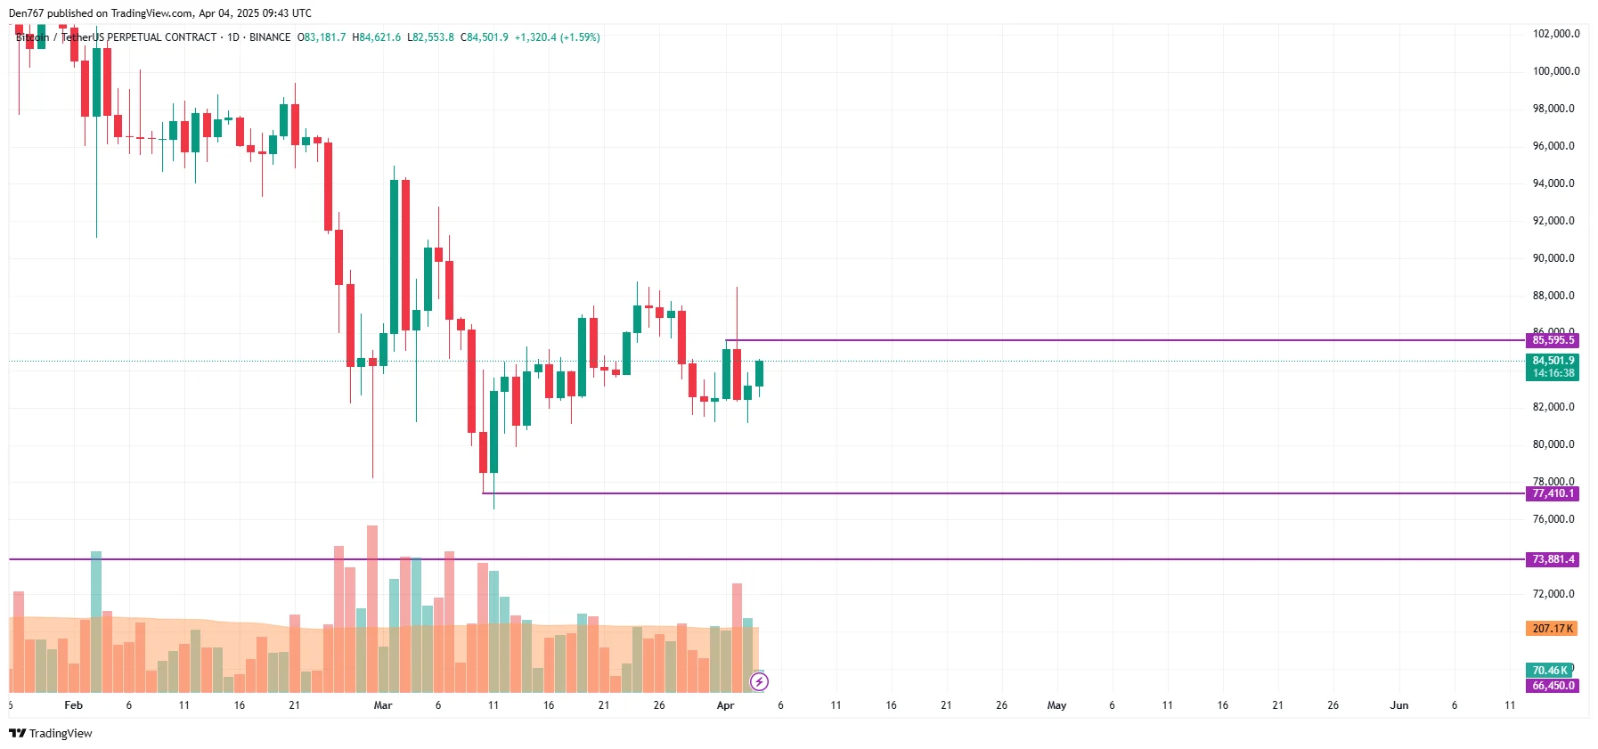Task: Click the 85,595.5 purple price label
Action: pos(1553,340)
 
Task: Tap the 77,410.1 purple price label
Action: pos(1553,493)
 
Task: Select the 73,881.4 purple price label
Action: pos(1553,559)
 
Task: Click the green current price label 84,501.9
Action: pos(1553,361)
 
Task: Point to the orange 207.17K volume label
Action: pos(1552,629)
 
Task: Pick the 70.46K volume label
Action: pos(1549,671)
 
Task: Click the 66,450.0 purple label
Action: pos(1553,686)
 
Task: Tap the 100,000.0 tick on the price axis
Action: pos(1555,71)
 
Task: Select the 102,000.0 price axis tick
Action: pos(1555,34)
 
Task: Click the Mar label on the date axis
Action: pos(383,705)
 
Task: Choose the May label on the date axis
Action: pos(1056,705)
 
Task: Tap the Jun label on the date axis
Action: pos(1399,705)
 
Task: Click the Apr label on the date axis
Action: pos(726,705)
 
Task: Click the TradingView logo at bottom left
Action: pos(51,733)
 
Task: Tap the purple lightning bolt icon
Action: pos(759,682)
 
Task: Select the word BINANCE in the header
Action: pos(270,37)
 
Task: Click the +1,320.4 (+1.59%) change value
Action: pos(558,37)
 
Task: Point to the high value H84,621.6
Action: pos(377,37)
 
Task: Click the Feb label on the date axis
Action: pos(74,705)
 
